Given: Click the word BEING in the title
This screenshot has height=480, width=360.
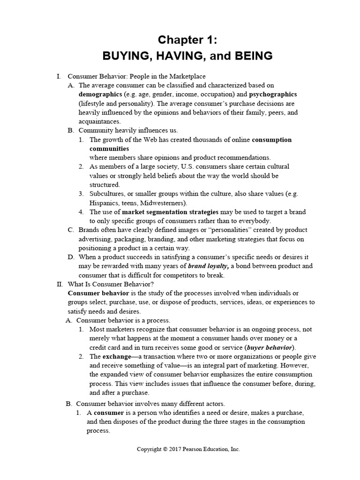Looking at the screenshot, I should (250, 56).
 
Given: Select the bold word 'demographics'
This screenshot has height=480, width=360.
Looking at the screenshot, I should (99, 94).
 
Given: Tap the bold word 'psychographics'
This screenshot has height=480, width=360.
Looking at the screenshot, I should (274, 94).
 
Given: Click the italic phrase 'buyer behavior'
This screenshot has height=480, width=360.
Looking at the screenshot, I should (270, 347).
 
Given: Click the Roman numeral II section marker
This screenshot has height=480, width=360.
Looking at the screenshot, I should (59, 284).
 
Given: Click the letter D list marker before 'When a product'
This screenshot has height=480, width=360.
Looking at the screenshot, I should (71, 257).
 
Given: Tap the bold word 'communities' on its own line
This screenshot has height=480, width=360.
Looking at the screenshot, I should (109, 149).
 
